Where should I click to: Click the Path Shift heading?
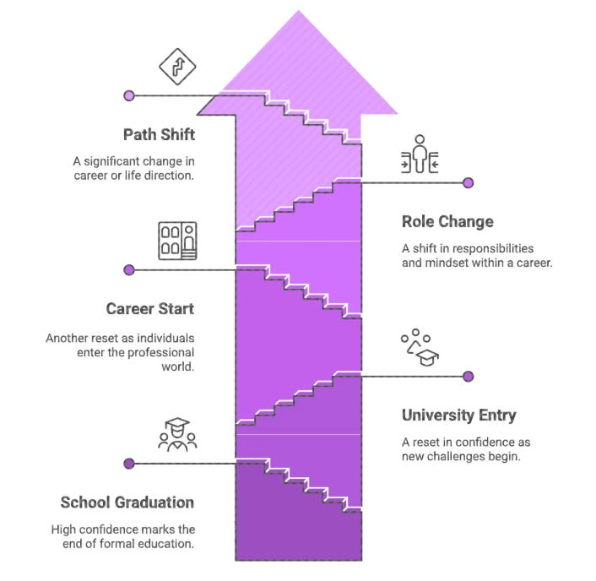pyautogui.click(x=159, y=134)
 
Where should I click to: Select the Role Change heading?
pyautogui.click(x=447, y=222)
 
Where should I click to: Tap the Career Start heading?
pyautogui.click(x=149, y=308)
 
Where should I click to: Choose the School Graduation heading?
pyautogui.click(x=127, y=502)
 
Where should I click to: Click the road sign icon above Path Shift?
pyautogui.click(x=177, y=68)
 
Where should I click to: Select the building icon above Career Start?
pyautogui.click(x=177, y=241)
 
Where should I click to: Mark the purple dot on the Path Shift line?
pyautogui.click(x=129, y=96)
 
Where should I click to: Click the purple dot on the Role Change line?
pyautogui.click(x=469, y=183)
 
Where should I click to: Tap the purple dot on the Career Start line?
pyautogui.click(x=129, y=270)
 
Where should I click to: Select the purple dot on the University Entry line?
pyautogui.click(x=469, y=377)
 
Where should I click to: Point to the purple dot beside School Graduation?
pyautogui.click(x=129, y=464)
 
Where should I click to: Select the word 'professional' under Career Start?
pyautogui.click(x=160, y=352)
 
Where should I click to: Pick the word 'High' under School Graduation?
pyautogui.click(x=64, y=529)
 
